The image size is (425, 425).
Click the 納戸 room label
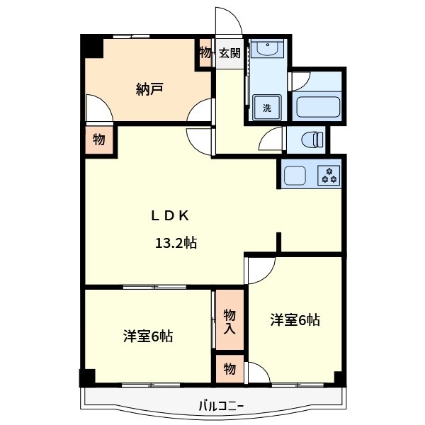point(149,89)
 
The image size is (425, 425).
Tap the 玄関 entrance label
point(229,53)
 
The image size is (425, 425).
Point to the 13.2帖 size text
point(176,244)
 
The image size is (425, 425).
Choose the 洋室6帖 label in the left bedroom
point(147,336)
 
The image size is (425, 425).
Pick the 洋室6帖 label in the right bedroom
point(295,320)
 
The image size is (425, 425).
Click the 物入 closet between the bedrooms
point(229,321)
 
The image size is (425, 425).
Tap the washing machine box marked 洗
point(267,108)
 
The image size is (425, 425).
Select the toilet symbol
point(309,139)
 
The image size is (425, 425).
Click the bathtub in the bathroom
point(318,107)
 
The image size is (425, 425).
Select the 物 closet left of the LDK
point(99,140)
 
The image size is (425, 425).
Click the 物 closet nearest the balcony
point(229,369)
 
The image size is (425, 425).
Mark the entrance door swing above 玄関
point(229,21)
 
